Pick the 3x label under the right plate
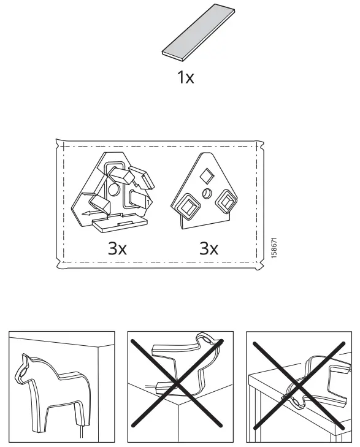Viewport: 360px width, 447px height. point(209,248)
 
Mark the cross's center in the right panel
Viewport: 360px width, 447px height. point(299,387)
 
